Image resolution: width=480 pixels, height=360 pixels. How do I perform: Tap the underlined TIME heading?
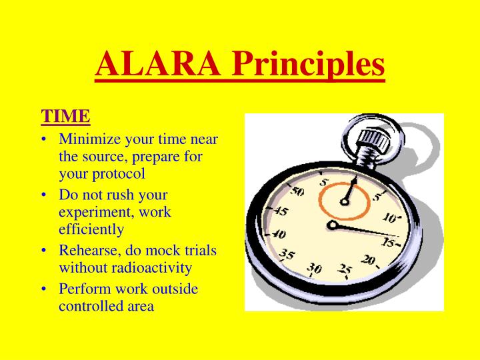coord(65,116)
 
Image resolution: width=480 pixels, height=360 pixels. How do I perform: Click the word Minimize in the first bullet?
coord(87,139)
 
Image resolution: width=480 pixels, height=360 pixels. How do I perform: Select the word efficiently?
coord(91,229)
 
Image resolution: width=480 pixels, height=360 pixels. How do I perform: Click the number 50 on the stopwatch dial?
coord(298,192)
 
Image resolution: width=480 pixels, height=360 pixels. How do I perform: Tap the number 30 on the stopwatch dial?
coord(314,269)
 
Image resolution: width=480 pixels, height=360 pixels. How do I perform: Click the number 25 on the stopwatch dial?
coord(345,271)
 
